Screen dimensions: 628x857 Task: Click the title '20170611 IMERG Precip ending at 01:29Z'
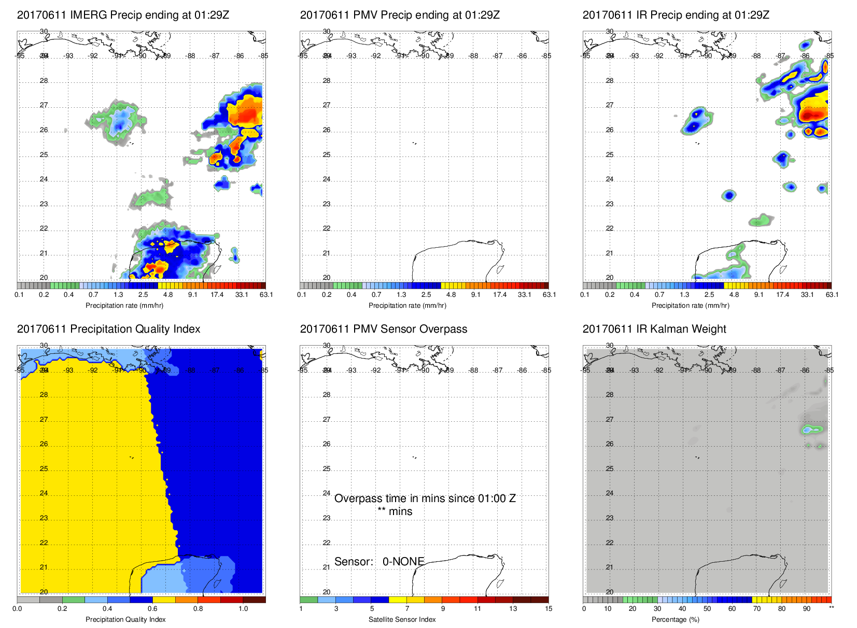123,15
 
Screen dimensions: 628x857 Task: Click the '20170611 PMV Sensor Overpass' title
383,329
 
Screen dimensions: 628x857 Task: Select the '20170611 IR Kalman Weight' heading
654,329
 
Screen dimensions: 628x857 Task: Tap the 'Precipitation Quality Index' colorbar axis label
125,619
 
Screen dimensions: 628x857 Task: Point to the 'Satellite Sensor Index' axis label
402,619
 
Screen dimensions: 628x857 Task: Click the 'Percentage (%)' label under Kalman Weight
680,619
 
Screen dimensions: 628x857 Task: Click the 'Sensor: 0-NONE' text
379,562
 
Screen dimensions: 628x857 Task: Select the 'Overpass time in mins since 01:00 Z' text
425,498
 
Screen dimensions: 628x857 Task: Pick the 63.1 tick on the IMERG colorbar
266,295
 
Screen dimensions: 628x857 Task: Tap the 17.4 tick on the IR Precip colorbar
782,295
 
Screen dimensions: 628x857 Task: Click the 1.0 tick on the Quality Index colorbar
243,609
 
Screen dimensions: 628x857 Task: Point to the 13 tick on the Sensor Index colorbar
513,609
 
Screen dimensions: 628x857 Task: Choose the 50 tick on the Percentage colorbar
707,609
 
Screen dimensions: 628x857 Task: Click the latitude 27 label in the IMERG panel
44,105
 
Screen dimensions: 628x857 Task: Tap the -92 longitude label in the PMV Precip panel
376,56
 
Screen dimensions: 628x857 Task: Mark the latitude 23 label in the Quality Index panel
44,518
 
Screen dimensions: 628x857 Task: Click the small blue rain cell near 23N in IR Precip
729,195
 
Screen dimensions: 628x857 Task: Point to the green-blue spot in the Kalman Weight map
812,430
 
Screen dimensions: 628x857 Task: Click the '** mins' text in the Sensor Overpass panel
395,511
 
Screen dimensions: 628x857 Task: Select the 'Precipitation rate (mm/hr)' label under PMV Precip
407,305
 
